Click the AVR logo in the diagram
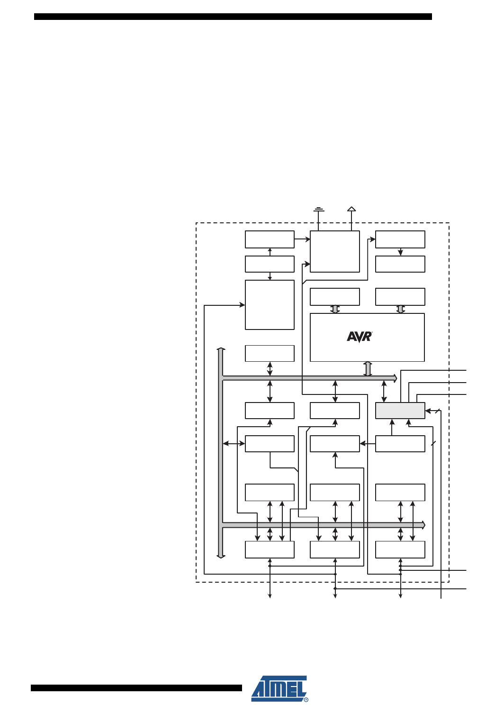coord(360,337)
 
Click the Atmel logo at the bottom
coord(279,688)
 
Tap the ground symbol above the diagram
coord(319,209)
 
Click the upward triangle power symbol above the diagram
coord(351,209)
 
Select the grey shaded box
coord(400,411)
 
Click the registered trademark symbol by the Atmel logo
coord(306,699)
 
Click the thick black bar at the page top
coord(233,17)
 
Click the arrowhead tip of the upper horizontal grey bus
coord(395,378)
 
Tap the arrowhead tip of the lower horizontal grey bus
coord(423,525)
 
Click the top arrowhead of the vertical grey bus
coord(221,349)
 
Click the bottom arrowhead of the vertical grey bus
coord(221,556)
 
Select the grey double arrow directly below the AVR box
coord(368,369)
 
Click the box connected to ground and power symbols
coord(334,251)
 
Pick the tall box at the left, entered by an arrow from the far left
coord(270,305)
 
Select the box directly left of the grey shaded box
coord(334,411)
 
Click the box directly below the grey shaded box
coord(400,444)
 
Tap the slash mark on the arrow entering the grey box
coord(438,411)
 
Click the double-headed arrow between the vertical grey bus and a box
coord(234,444)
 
